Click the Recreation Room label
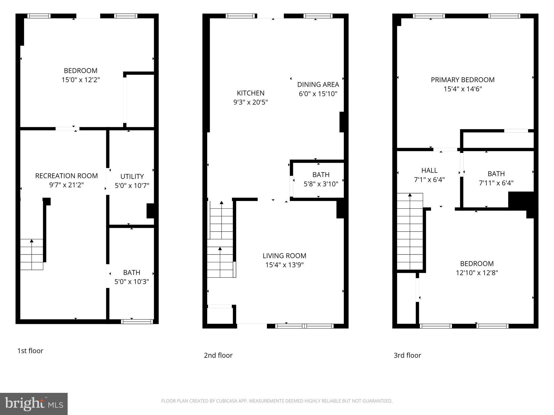click(66, 176)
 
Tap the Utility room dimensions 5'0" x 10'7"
click(132, 186)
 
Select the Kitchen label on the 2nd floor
click(250, 93)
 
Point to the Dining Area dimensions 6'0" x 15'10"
click(318, 94)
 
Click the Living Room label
click(284, 256)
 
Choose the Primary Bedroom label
click(463, 80)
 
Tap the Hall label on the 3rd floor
click(429, 170)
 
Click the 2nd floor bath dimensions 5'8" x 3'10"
click(321, 184)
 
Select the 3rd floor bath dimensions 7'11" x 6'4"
click(496, 183)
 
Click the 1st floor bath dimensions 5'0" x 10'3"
click(132, 282)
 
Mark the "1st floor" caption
click(30, 351)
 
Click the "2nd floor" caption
click(218, 355)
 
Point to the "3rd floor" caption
click(407, 355)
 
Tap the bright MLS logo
click(34, 404)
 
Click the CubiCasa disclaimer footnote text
click(277, 401)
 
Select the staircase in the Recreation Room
click(32, 254)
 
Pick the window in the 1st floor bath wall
click(137, 322)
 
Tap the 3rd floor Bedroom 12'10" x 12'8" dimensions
click(477, 273)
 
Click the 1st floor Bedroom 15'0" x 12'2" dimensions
click(81, 80)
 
